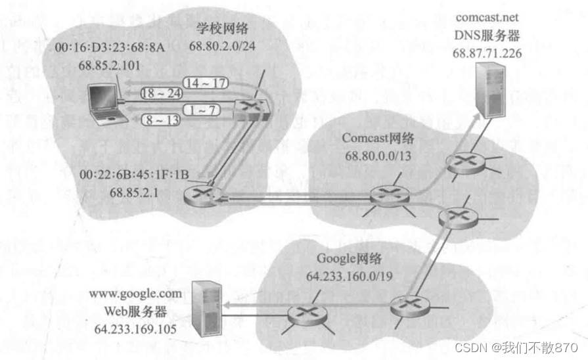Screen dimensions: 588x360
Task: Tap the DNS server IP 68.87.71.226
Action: [x=487, y=53]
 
